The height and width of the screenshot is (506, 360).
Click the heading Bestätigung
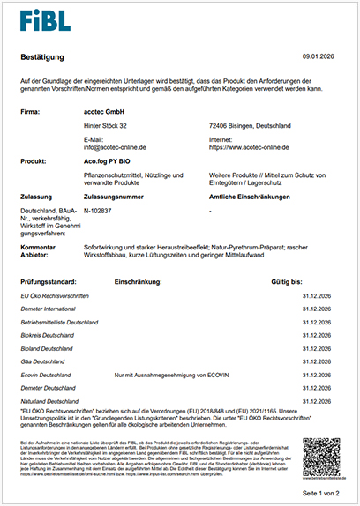[x=43, y=56]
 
